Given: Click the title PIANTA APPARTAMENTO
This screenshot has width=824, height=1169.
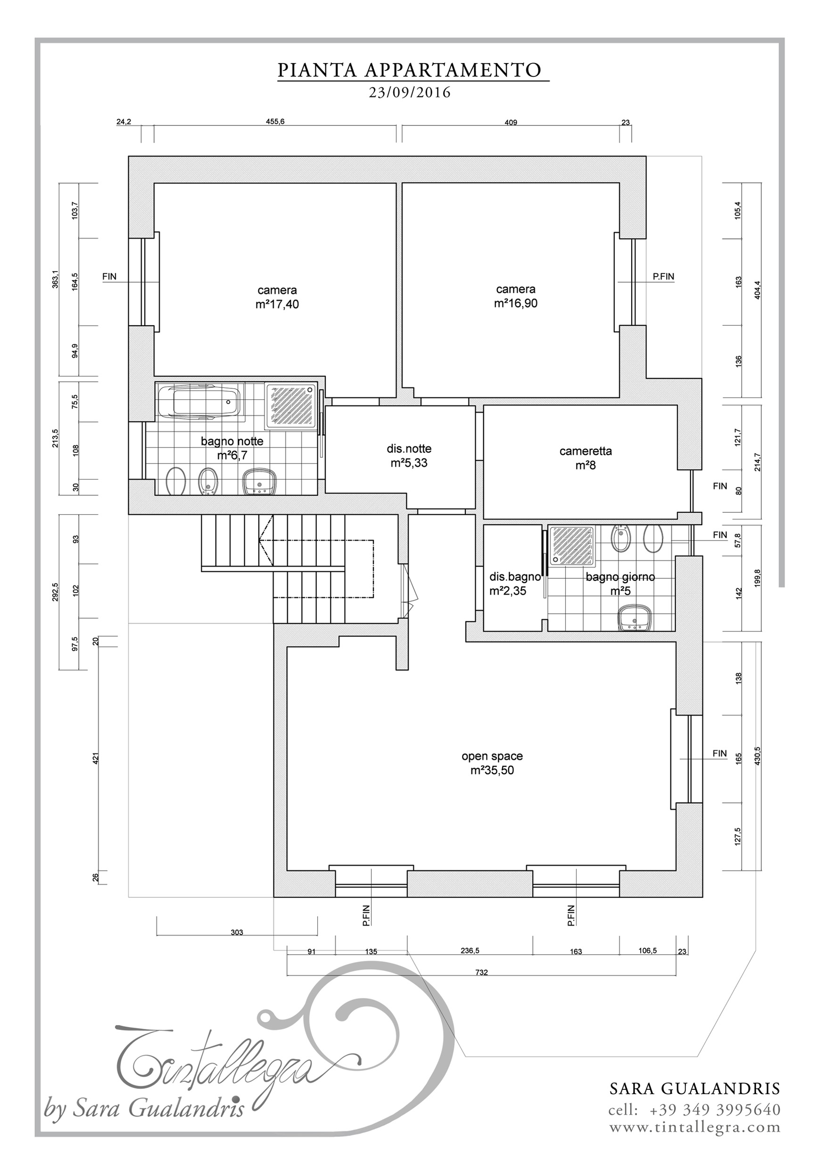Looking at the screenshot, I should [410, 70].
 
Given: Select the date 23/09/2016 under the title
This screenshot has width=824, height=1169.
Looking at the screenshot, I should [410, 93].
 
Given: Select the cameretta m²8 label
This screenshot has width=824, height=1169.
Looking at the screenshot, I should [585, 458].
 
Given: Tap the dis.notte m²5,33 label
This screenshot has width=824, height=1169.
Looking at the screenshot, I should [409, 456].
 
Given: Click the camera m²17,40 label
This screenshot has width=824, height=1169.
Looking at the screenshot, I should [277, 297].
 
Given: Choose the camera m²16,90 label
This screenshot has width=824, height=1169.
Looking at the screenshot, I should [515, 296].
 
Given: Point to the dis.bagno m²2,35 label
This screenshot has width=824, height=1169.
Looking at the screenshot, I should [514, 584].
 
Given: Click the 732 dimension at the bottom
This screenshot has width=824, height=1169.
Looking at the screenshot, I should [481, 972].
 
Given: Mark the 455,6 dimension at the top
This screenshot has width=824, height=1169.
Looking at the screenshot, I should [275, 122].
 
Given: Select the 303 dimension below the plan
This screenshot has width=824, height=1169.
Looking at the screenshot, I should [237, 933].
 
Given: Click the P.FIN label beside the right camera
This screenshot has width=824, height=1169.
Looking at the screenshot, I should [663, 277].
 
